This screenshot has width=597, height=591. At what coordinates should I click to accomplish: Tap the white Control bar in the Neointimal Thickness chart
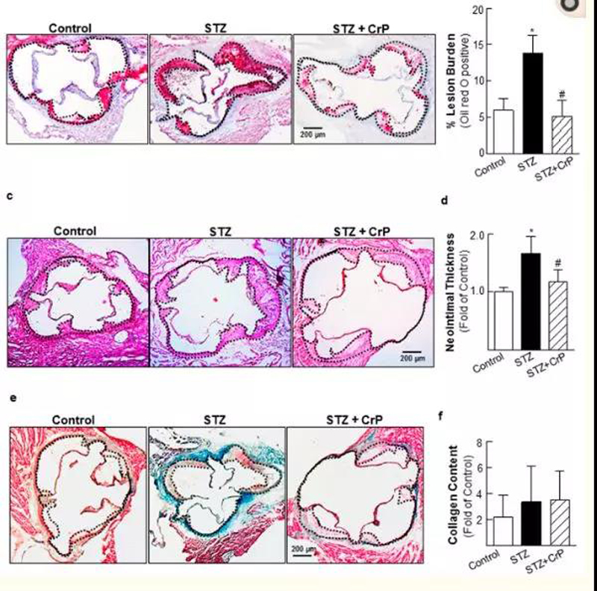pos(499,320)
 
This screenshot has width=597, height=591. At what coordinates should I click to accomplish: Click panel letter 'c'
pos(7,196)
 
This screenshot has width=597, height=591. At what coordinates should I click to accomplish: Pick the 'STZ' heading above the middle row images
pos(219,231)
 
